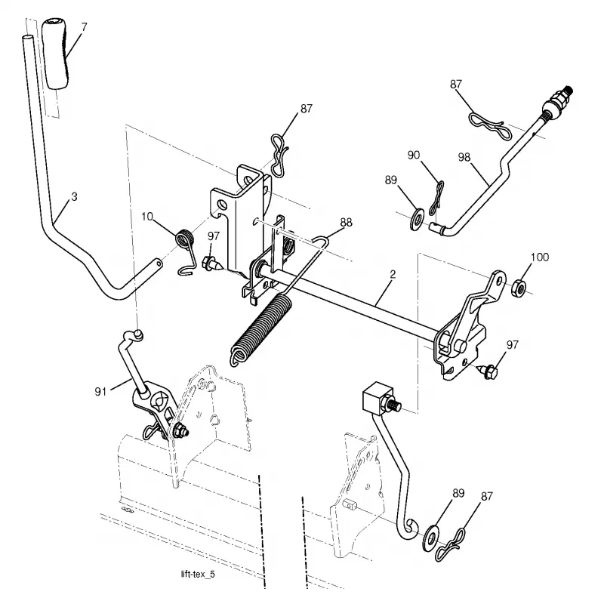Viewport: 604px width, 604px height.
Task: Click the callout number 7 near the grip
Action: [x=84, y=27]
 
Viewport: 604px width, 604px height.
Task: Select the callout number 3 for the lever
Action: [x=74, y=196]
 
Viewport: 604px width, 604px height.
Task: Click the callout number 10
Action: [x=147, y=217]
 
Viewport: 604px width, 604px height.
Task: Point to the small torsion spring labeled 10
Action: [x=185, y=251]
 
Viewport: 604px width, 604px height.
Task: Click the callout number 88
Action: [x=346, y=222]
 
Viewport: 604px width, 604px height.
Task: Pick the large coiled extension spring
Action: [x=261, y=329]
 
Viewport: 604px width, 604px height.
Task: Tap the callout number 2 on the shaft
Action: [x=393, y=274]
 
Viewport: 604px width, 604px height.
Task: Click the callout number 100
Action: [x=540, y=257]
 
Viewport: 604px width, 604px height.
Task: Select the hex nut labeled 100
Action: [x=519, y=288]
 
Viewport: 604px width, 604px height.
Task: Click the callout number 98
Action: [x=464, y=157]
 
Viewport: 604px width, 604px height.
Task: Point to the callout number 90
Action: [x=413, y=155]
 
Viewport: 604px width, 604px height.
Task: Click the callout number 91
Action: [x=100, y=391]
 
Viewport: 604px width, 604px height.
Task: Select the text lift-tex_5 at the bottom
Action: [x=198, y=575]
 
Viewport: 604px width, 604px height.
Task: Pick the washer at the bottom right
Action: [x=430, y=537]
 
